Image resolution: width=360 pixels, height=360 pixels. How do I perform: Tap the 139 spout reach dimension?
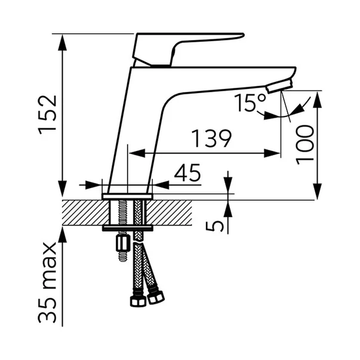point(211,139)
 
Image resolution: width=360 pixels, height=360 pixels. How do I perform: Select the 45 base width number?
point(187,173)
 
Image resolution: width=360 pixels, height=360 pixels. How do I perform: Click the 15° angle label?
point(250,103)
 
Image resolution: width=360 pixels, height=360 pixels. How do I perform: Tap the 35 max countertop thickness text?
point(47,282)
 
